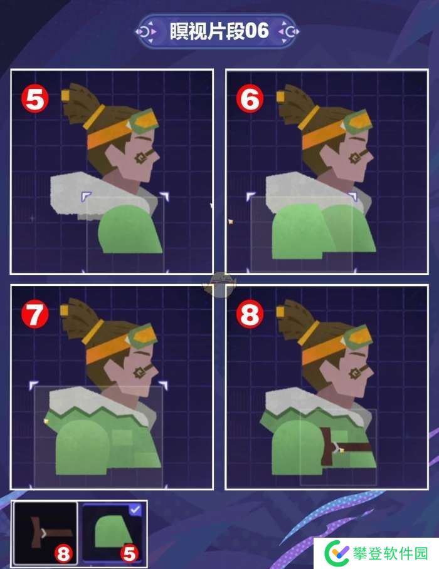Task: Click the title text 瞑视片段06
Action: coord(219,31)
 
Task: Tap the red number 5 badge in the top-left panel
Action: coord(35,99)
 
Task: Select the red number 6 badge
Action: coord(250,99)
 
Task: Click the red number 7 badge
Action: coord(35,314)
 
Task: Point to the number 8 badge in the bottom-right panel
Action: coord(250,314)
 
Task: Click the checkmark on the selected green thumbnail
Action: coord(135,510)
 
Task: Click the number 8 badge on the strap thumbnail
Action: coord(63,554)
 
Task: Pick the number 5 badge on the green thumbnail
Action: coord(129,554)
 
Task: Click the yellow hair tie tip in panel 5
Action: coord(65,95)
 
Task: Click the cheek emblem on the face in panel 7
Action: coord(140,372)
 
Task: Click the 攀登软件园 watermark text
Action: coord(390,553)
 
